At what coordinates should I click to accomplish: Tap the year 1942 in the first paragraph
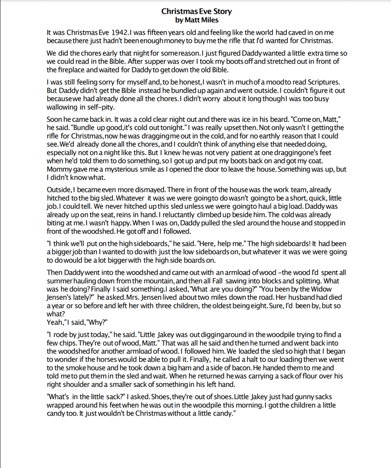(117, 33)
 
